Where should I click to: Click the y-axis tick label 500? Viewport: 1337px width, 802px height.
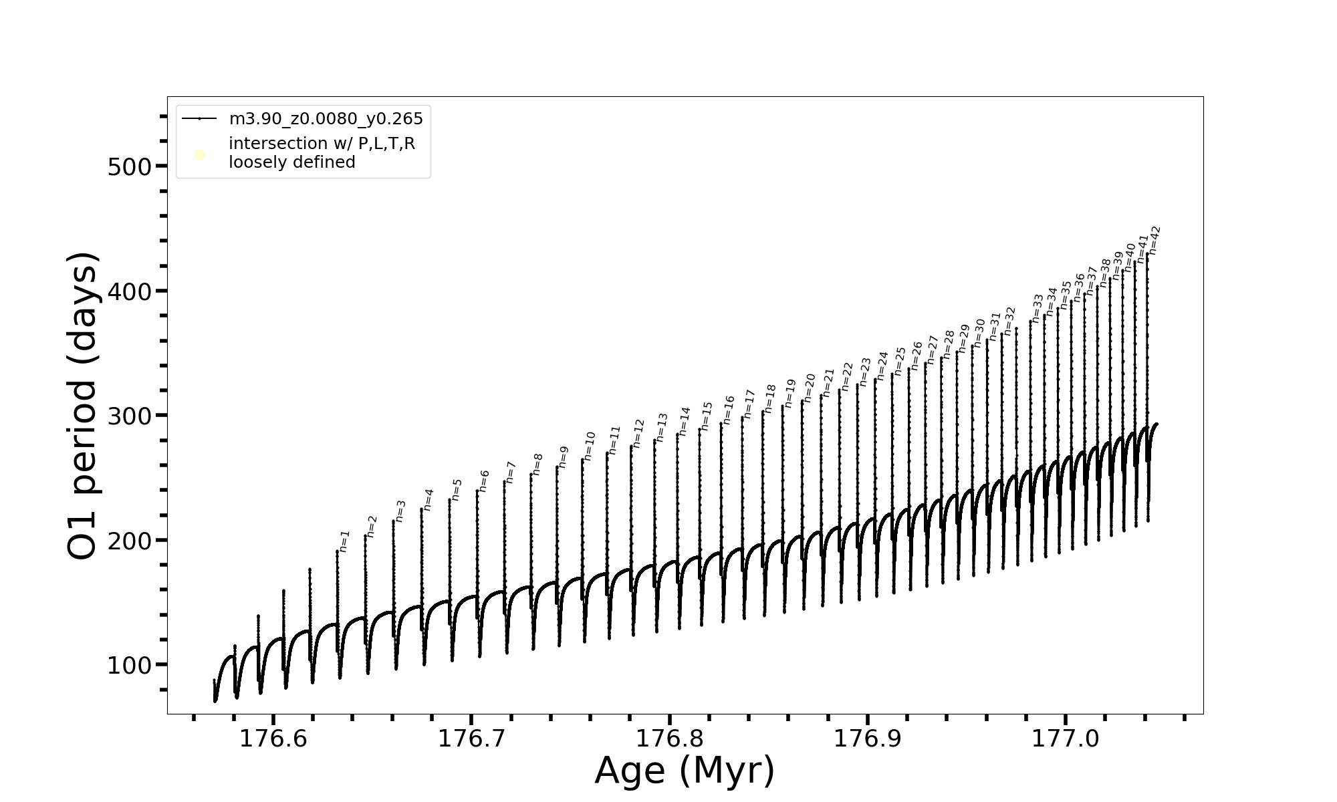click(130, 166)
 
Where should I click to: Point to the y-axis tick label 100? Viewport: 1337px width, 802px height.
click(130, 665)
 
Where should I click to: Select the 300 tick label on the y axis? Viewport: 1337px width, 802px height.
click(130, 416)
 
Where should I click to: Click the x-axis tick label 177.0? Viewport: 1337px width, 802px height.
click(1066, 739)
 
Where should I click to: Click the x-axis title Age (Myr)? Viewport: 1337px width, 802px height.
click(685, 771)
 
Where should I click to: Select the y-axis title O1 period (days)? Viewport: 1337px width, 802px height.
click(84, 406)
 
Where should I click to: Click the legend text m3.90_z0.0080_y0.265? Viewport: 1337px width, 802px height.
click(326, 119)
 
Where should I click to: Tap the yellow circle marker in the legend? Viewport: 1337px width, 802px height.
click(199, 155)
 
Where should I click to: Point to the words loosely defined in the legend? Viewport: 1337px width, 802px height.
click(291, 162)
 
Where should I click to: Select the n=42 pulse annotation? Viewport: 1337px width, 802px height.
click(1154, 241)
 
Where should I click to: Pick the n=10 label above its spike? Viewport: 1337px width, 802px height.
click(589, 446)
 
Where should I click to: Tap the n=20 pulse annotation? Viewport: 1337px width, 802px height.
click(809, 388)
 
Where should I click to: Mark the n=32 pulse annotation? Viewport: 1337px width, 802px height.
click(1009, 321)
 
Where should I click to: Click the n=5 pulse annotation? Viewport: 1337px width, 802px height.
click(457, 489)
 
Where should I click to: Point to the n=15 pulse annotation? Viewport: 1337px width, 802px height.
click(707, 416)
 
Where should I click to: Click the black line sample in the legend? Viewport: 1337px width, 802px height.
click(199, 119)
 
